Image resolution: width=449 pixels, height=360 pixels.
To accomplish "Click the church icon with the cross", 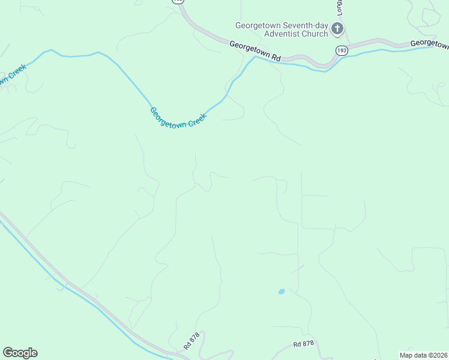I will [x=337, y=28].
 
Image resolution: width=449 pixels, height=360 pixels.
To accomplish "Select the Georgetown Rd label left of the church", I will [x=255, y=50].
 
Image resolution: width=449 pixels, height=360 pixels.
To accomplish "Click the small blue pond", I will [x=281, y=292].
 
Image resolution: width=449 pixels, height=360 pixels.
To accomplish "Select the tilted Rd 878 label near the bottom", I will [x=191, y=343].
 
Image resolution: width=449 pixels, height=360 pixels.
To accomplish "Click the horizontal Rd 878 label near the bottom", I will [x=304, y=344].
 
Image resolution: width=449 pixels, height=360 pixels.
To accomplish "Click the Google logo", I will [x=20, y=353].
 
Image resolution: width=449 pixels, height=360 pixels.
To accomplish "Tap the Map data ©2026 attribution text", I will [x=423, y=355].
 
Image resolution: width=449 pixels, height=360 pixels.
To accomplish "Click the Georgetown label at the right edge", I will [x=429, y=44].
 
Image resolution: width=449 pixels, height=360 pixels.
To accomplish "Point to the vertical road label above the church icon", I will [x=339, y=8].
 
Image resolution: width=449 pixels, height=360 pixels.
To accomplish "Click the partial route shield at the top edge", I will [x=178, y=2].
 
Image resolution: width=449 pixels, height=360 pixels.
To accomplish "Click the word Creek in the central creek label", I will [x=197, y=120].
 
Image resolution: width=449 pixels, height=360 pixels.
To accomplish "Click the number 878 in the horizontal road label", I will [x=308, y=344].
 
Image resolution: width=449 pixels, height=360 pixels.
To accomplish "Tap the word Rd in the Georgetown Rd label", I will [x=276, y=56].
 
